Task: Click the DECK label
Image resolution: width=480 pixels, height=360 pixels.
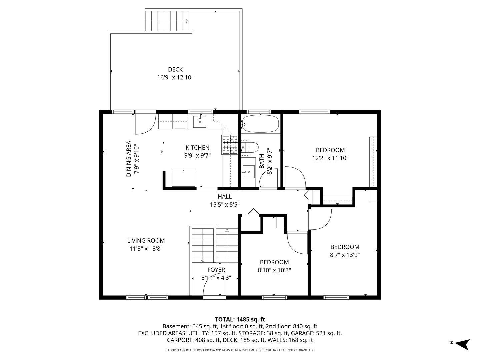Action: (175, 70)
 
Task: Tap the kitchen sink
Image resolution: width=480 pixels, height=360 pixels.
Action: (199, 122)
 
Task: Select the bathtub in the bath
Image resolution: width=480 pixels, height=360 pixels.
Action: (260, 124)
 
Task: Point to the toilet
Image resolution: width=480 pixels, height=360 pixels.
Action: (250, 147)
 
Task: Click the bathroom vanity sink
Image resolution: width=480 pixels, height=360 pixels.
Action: (248, 172)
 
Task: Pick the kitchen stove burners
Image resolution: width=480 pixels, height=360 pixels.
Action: (230, 145)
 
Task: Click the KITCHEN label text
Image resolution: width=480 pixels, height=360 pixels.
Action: (197, 148)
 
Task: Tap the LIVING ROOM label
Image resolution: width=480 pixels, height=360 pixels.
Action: (146, 240)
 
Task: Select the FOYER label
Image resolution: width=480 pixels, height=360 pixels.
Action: (216, 270)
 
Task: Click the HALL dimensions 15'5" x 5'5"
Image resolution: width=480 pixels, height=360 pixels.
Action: (225, 205)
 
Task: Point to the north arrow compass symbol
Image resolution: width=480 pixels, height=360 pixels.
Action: (463, 345)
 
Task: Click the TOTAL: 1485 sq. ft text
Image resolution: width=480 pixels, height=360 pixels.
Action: (240, 319)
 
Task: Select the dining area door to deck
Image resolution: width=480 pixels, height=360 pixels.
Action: (145, 124)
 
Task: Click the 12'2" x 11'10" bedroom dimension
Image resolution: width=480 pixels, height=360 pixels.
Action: (330, 158)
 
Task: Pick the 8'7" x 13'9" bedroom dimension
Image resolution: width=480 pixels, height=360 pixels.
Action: (345, 255)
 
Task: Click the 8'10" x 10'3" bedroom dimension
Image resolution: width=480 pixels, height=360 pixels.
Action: (274, 270)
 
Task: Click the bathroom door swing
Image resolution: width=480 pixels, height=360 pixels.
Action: (268, 178)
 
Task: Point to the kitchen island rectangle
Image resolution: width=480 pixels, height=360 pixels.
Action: (183, 178)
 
